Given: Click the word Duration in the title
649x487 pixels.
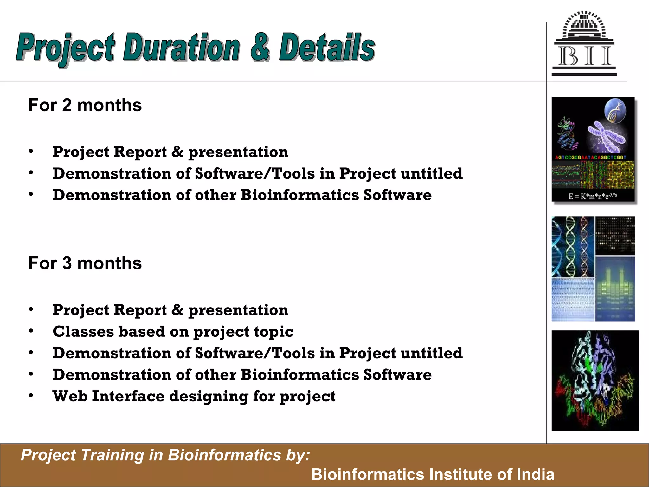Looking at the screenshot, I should click(181, 48).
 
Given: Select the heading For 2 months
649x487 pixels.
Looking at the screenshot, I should click(85, 105).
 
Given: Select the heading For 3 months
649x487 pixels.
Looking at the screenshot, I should click(85, 263).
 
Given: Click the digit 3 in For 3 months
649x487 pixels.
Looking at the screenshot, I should click(67, 263).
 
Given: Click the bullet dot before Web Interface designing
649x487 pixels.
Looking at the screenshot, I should click(31, 396).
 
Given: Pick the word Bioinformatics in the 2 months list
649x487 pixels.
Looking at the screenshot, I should click(299, 195).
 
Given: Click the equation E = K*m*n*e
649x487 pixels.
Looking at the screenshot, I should click(592, 196).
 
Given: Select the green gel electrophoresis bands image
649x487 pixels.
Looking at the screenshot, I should click(615, 289).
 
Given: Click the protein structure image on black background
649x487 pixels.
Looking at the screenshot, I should click(595, 380).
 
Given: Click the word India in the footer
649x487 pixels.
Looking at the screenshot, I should click(535, 474).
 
